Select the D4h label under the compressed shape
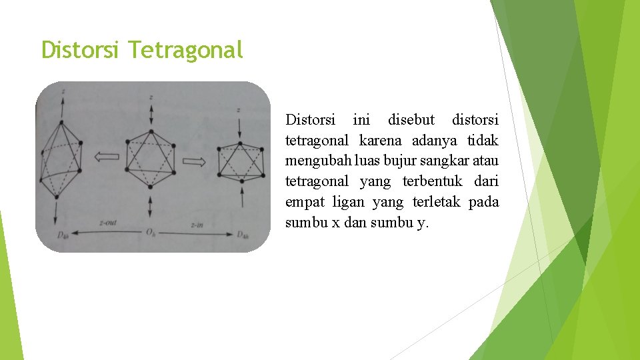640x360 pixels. click(243, 235)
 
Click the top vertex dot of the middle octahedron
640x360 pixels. click(151, 131)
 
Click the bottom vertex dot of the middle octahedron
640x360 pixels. click(151, 187)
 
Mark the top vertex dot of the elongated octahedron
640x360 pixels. click(61, 123)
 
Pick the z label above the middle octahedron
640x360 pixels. click(151, 97)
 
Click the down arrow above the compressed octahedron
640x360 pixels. click(239, 127)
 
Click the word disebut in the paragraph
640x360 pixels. click(411, 120)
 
